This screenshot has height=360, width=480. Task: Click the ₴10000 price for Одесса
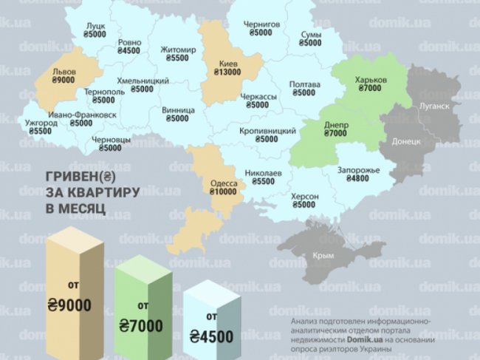[x=224, y=191]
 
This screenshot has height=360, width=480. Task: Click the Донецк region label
[x=407, y=140]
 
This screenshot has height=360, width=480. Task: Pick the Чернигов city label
[x=261, y=24]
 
